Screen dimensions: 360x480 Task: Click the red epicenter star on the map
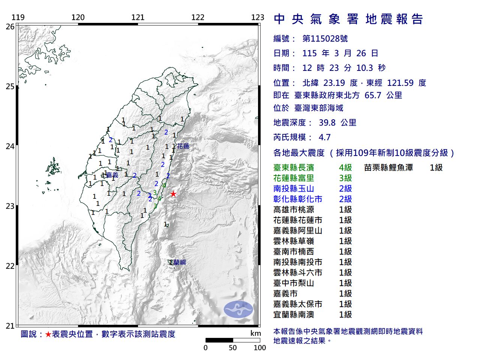tap(173, 194)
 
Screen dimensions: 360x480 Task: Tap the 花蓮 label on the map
tap(183, 146)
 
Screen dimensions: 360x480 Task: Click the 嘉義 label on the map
tap(112, 175)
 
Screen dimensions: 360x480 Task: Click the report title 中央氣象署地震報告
tap(348, 19)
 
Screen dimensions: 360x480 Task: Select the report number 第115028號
tap(325, 39)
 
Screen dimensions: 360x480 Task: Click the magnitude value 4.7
tap(324, 137)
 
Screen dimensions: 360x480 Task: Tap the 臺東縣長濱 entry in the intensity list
tap(294, 168)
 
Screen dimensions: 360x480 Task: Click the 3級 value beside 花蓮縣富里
tap(345, 178)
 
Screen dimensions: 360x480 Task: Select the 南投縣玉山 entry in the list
tap(294, 189)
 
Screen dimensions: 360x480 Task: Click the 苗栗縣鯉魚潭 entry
tap(388, 168)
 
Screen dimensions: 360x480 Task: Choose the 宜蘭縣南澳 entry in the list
tap(294, 315)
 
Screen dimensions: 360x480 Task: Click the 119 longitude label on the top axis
tap(18, 17)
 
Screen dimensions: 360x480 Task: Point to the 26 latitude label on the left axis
tap(10, 27)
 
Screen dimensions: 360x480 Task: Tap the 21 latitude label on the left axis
tap(10, 326)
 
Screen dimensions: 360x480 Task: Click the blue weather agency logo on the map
tap(238, 309)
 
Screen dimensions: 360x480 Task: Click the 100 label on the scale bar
tap(259, 348)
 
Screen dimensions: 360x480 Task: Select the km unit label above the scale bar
tap(255, 333)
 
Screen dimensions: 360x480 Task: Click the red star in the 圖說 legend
tap(48, 334)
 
